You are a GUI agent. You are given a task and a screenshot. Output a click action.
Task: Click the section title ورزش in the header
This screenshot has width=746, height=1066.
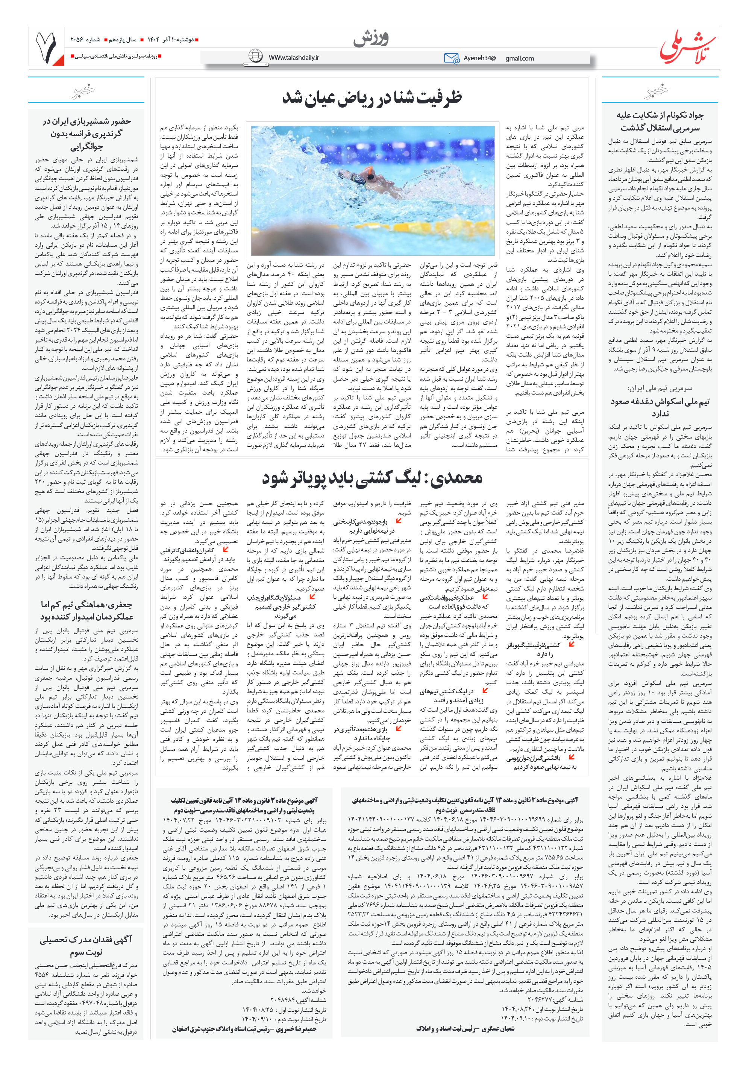[370, 39]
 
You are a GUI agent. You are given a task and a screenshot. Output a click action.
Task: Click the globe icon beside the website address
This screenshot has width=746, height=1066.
[255, 56]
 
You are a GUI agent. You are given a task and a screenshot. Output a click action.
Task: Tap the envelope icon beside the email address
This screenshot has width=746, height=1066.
[451, 58]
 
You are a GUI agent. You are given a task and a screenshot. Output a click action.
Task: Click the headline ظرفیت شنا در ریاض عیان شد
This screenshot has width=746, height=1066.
[372, 99]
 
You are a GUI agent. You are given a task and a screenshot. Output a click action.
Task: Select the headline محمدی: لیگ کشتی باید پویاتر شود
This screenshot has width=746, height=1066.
[372, 478]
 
